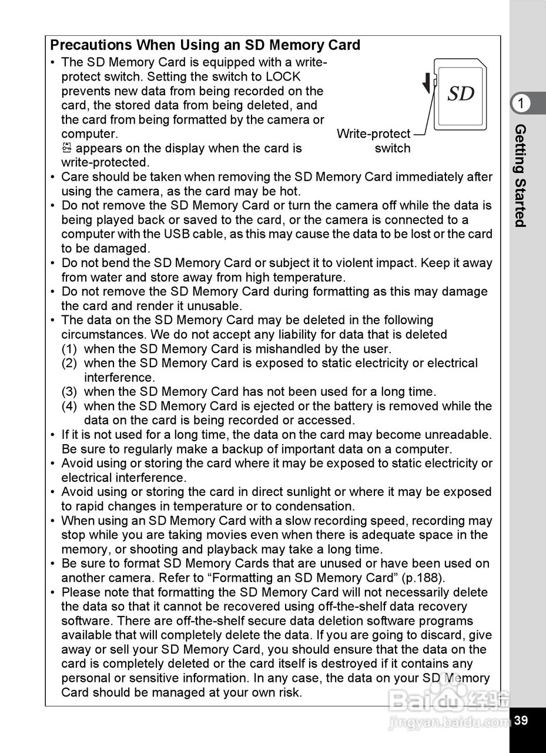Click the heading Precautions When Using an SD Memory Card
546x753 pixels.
pos(205,45)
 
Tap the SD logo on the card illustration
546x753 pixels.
pos(461,94)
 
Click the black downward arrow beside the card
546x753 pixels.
pos(426,85)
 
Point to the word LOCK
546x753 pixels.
pos(283,77)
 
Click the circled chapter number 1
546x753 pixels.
pos(520,104)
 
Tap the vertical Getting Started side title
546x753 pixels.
pos(520,175)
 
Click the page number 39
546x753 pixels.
pos(521,721)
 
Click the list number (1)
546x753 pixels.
pos(69,349)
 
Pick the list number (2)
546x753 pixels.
pos(69,364)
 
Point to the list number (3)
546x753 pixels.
pos(69,392)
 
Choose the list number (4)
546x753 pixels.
pos(69,407)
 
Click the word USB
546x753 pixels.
pos(176,234)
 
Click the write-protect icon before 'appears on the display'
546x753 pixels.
pos(66,148)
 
